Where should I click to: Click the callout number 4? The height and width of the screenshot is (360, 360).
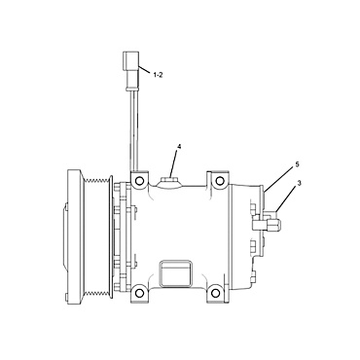tap(179, 148)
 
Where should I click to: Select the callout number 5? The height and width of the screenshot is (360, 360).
tap(298, 164)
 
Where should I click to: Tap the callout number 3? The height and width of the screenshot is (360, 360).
tap(300, 184)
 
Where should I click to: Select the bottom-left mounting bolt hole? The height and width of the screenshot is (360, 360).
tap(142, 294)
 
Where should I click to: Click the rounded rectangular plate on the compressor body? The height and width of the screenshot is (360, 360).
tap(174, 270)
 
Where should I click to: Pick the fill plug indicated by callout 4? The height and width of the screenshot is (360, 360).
tap(172, 178)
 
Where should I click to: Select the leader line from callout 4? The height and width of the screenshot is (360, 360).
tap(175, 162)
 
